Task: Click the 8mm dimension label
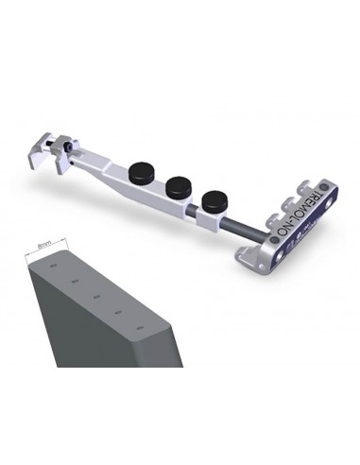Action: (x=43, y=243)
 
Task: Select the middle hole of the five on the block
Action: (x=96, y=296)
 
